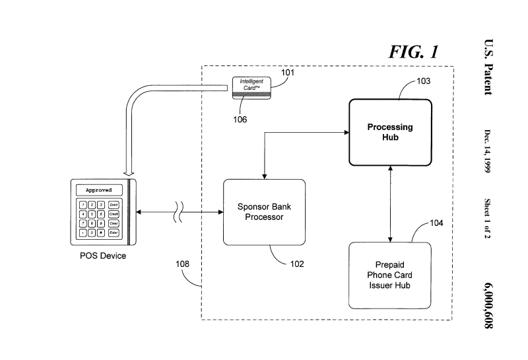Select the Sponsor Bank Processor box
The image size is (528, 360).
coord(264,211)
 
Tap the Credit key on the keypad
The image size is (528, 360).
coord(114,214)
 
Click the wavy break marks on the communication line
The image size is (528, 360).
coord(178,212)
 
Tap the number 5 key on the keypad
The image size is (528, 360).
coord(92,214)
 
